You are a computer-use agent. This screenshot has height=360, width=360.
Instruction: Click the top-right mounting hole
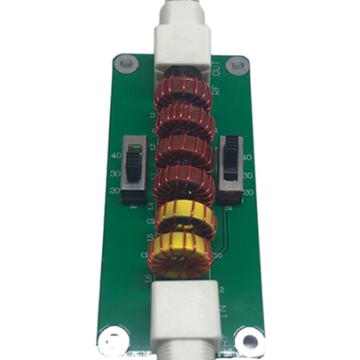236,65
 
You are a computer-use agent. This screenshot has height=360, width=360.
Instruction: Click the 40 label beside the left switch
115,156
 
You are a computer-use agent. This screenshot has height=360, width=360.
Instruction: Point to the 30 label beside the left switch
115,173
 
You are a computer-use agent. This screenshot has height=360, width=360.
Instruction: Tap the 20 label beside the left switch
114,190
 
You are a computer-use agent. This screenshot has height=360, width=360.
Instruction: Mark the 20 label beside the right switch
248,193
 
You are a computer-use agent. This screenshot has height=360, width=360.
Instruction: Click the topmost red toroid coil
184,93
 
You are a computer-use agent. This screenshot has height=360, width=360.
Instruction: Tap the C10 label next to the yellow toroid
219,255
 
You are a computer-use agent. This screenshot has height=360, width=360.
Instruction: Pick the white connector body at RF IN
184,310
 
